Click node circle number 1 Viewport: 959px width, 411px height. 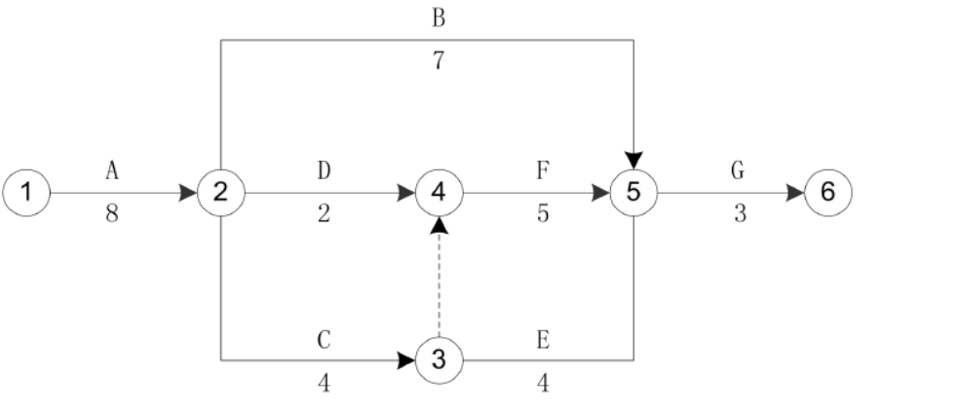pyautogui.click(x=27, y=192)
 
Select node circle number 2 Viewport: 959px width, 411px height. pyautogui.click(x=221, y=192)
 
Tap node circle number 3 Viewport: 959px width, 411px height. pyautogui.click(x=439, y=360)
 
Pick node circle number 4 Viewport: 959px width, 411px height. pyautogui.click(x=439, y=192)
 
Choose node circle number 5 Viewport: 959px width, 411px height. pyautogui.click(x=633, y=192)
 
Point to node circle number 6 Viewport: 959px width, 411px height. pyautogui.click(x=827, y=192)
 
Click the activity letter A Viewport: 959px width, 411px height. pyautogui.click(x=113, y=170)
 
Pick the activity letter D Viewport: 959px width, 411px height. pyautogui.click(x=325, y=170)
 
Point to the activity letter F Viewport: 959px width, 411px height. pyautogui.click(x=542, y=170)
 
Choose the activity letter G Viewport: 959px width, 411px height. pyautogui.click(x=738, y=170)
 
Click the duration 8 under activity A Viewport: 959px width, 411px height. pyautogui.click(x=113, y=214)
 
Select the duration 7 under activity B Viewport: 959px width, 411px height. pyautogui.click(x=439, y=60)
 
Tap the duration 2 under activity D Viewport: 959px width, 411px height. pyautogui.click(x=325, y=214)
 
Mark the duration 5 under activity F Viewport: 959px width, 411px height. pyautogui.click(x=542, y=214)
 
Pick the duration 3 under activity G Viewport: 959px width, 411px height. pyautogui.click(x=739, y=214)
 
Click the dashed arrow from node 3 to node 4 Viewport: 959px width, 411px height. pyautogui.click(x=439, y=282)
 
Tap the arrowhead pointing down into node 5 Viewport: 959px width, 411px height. pyautogui.click(x=633, y=159)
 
